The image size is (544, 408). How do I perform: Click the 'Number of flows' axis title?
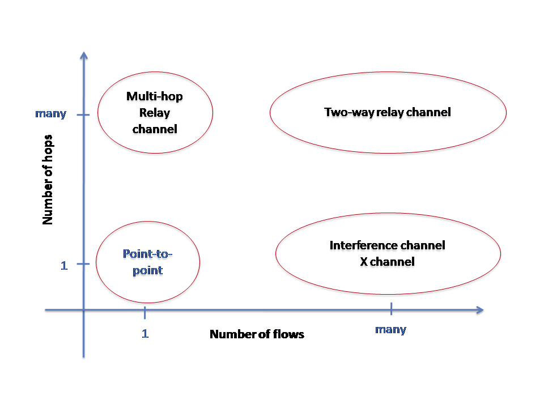coord(257,334)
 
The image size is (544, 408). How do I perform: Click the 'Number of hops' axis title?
coord(49,180)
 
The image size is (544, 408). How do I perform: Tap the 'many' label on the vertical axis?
coord(50,114)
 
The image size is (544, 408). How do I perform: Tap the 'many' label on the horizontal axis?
coord(390,329)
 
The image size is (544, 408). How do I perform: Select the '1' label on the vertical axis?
coord(64,265)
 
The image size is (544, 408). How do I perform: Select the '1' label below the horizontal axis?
coord(145,334)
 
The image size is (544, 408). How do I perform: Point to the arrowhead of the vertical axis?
coord(84,56)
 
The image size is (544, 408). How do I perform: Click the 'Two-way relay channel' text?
coord(388,112)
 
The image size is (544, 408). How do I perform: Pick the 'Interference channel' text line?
coord(388,245)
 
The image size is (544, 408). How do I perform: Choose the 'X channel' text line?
coord(388,262)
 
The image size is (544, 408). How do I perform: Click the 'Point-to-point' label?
coord(148,262)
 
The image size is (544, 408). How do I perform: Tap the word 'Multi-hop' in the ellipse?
coord(155,96)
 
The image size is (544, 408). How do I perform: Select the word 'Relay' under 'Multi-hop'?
coord(155,113)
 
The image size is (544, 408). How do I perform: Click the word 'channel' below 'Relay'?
coord(155,129)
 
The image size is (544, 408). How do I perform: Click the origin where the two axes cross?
coord(84,310)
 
